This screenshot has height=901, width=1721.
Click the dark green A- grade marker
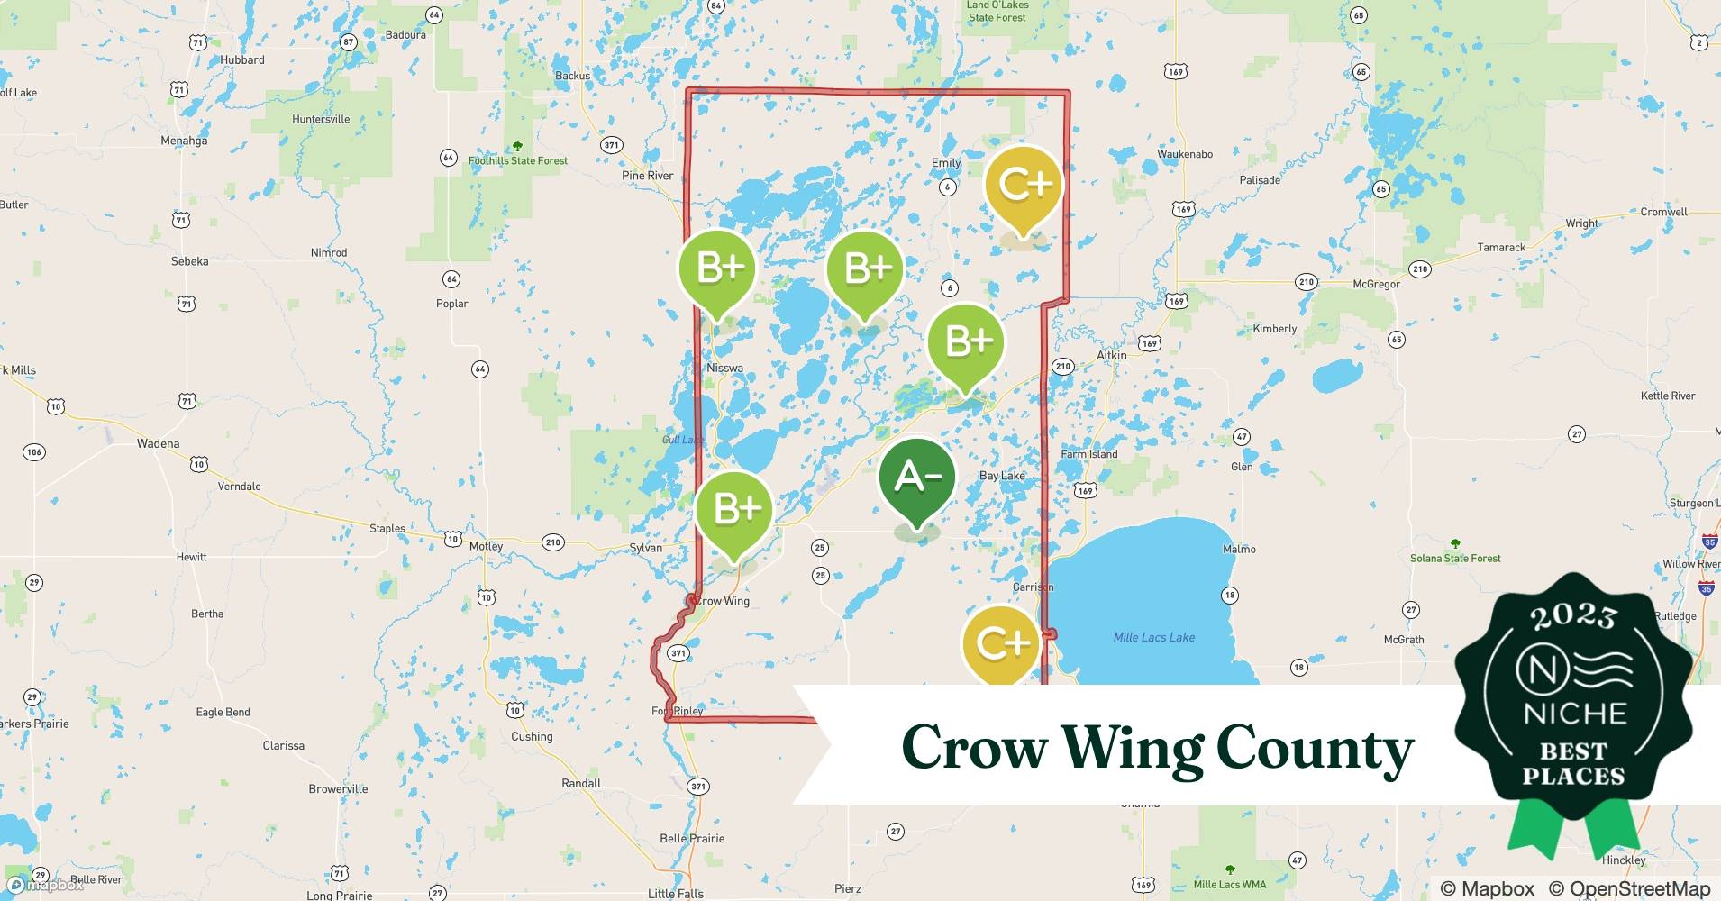916,478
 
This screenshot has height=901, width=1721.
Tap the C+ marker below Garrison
1000,643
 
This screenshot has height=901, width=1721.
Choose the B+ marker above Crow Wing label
735,510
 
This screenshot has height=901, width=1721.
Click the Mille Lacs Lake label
1153,637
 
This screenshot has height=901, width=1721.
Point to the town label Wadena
158,443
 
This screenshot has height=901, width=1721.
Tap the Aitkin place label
1111,355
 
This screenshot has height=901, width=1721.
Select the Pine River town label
647,176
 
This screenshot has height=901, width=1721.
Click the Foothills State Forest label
518,161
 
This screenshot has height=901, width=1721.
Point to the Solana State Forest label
1455,558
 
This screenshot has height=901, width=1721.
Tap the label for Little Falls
676,894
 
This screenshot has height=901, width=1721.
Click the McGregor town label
1376,284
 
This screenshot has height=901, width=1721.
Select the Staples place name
387,529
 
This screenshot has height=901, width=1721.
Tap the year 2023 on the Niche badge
1573,616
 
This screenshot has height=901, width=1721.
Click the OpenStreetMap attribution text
1628,888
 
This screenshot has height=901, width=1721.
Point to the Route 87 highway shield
349,42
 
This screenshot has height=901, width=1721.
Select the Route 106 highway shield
34,451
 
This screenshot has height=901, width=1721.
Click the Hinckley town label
1624,860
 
